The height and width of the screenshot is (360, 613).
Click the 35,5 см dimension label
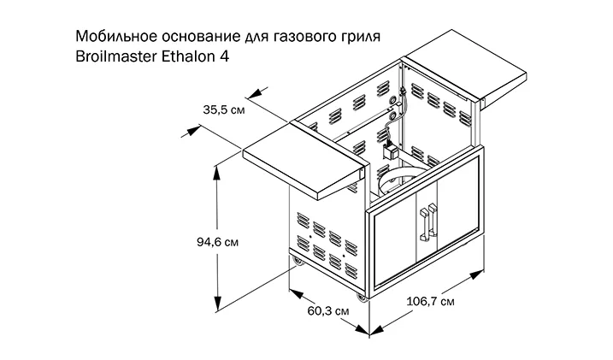tap(224, 109)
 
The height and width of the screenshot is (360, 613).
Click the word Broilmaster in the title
tap(117, 56)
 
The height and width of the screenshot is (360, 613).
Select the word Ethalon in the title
tap(192, 56)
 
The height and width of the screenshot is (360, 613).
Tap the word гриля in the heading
tap(349, 37)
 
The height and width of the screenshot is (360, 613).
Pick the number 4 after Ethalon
tap(227, 56)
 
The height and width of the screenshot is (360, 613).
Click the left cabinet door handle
tap(421, 222)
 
